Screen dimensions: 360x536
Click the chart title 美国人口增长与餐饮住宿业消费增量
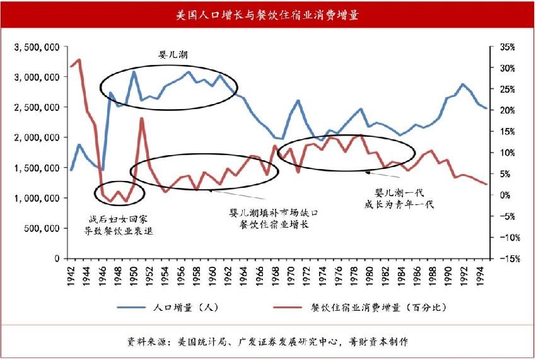tap(267, 14)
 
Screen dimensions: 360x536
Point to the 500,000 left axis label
tap(42, 228)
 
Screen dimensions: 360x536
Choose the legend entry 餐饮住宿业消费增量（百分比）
tap(378, 308)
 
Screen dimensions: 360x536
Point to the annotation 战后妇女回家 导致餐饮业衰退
tap(120, 224)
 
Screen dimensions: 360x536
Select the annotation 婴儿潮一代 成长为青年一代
tap(399, 197)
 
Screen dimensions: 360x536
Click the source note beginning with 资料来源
tap(268, 342)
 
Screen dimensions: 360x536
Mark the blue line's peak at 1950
tap(134, 71)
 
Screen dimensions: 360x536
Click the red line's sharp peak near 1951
tap(141, 119)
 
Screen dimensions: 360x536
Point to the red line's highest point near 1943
tap(79, 59)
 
